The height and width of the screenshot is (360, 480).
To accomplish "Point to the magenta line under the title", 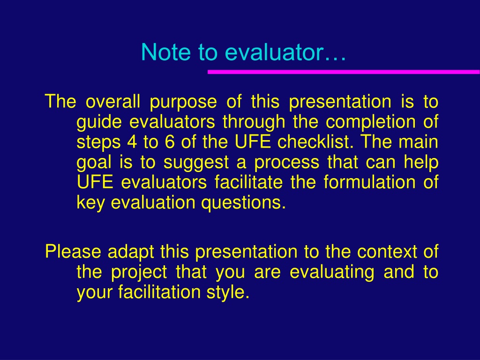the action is (344, 72).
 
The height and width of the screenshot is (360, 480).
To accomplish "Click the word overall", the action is (112, 101).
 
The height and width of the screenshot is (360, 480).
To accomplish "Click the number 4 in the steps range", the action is (132, 142).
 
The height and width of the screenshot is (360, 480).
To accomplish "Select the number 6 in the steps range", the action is (169, 142).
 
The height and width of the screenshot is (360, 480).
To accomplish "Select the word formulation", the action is (369, 182).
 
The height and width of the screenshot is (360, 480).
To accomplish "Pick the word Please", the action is (73, 251).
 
